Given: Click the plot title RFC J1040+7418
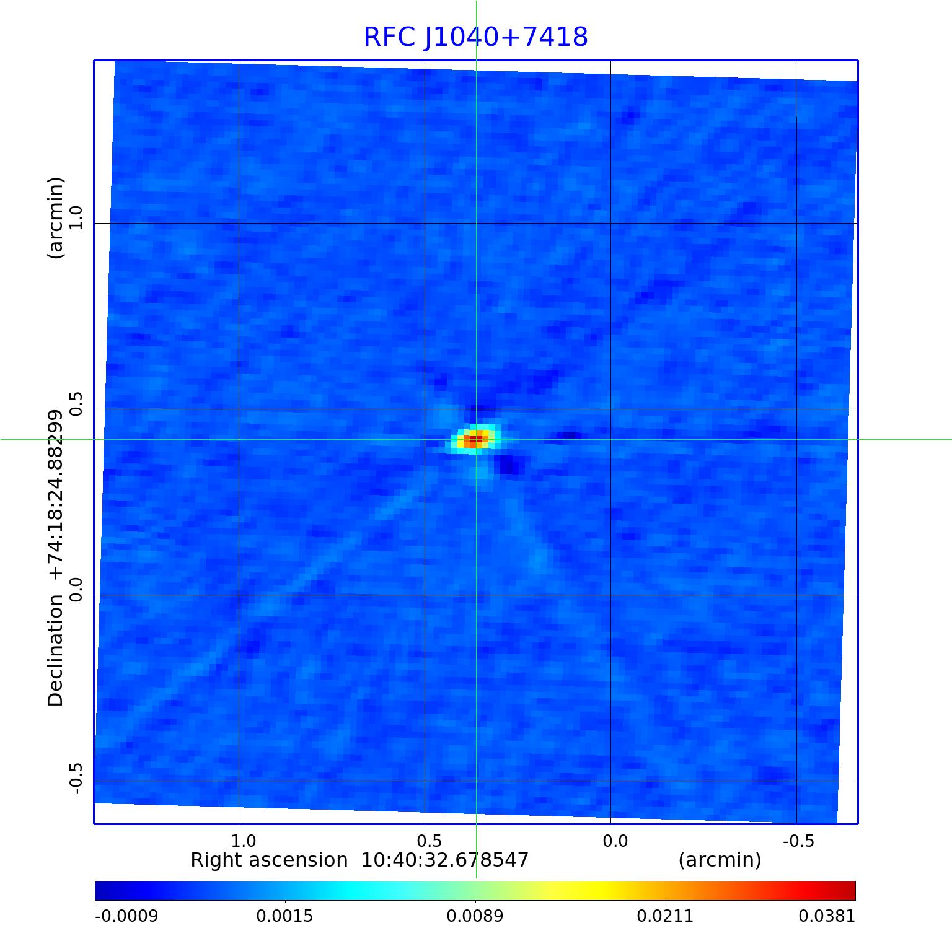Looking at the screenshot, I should (x=475, y=37).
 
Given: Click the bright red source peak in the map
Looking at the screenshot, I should (x=474, y=440).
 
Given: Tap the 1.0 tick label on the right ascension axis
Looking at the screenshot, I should (x=243, y=841).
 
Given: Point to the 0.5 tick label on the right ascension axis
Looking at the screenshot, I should (x=429, y=841).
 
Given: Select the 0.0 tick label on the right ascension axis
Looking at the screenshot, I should (x=615, y=841).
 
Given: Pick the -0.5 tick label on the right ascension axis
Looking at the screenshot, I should (x=798, y=841).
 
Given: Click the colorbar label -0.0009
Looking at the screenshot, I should (x=126, y=916).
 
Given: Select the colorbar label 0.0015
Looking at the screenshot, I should (x=285, y=916).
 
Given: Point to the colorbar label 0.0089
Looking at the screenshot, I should (x=475, y=916).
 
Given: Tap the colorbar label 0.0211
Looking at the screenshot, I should (x=666, y=916).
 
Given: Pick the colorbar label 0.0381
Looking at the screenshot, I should (x=827, y=916).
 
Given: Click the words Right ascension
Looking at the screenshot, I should (x=269, y=860).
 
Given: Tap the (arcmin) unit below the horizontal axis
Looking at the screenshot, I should (x=720, y=860).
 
